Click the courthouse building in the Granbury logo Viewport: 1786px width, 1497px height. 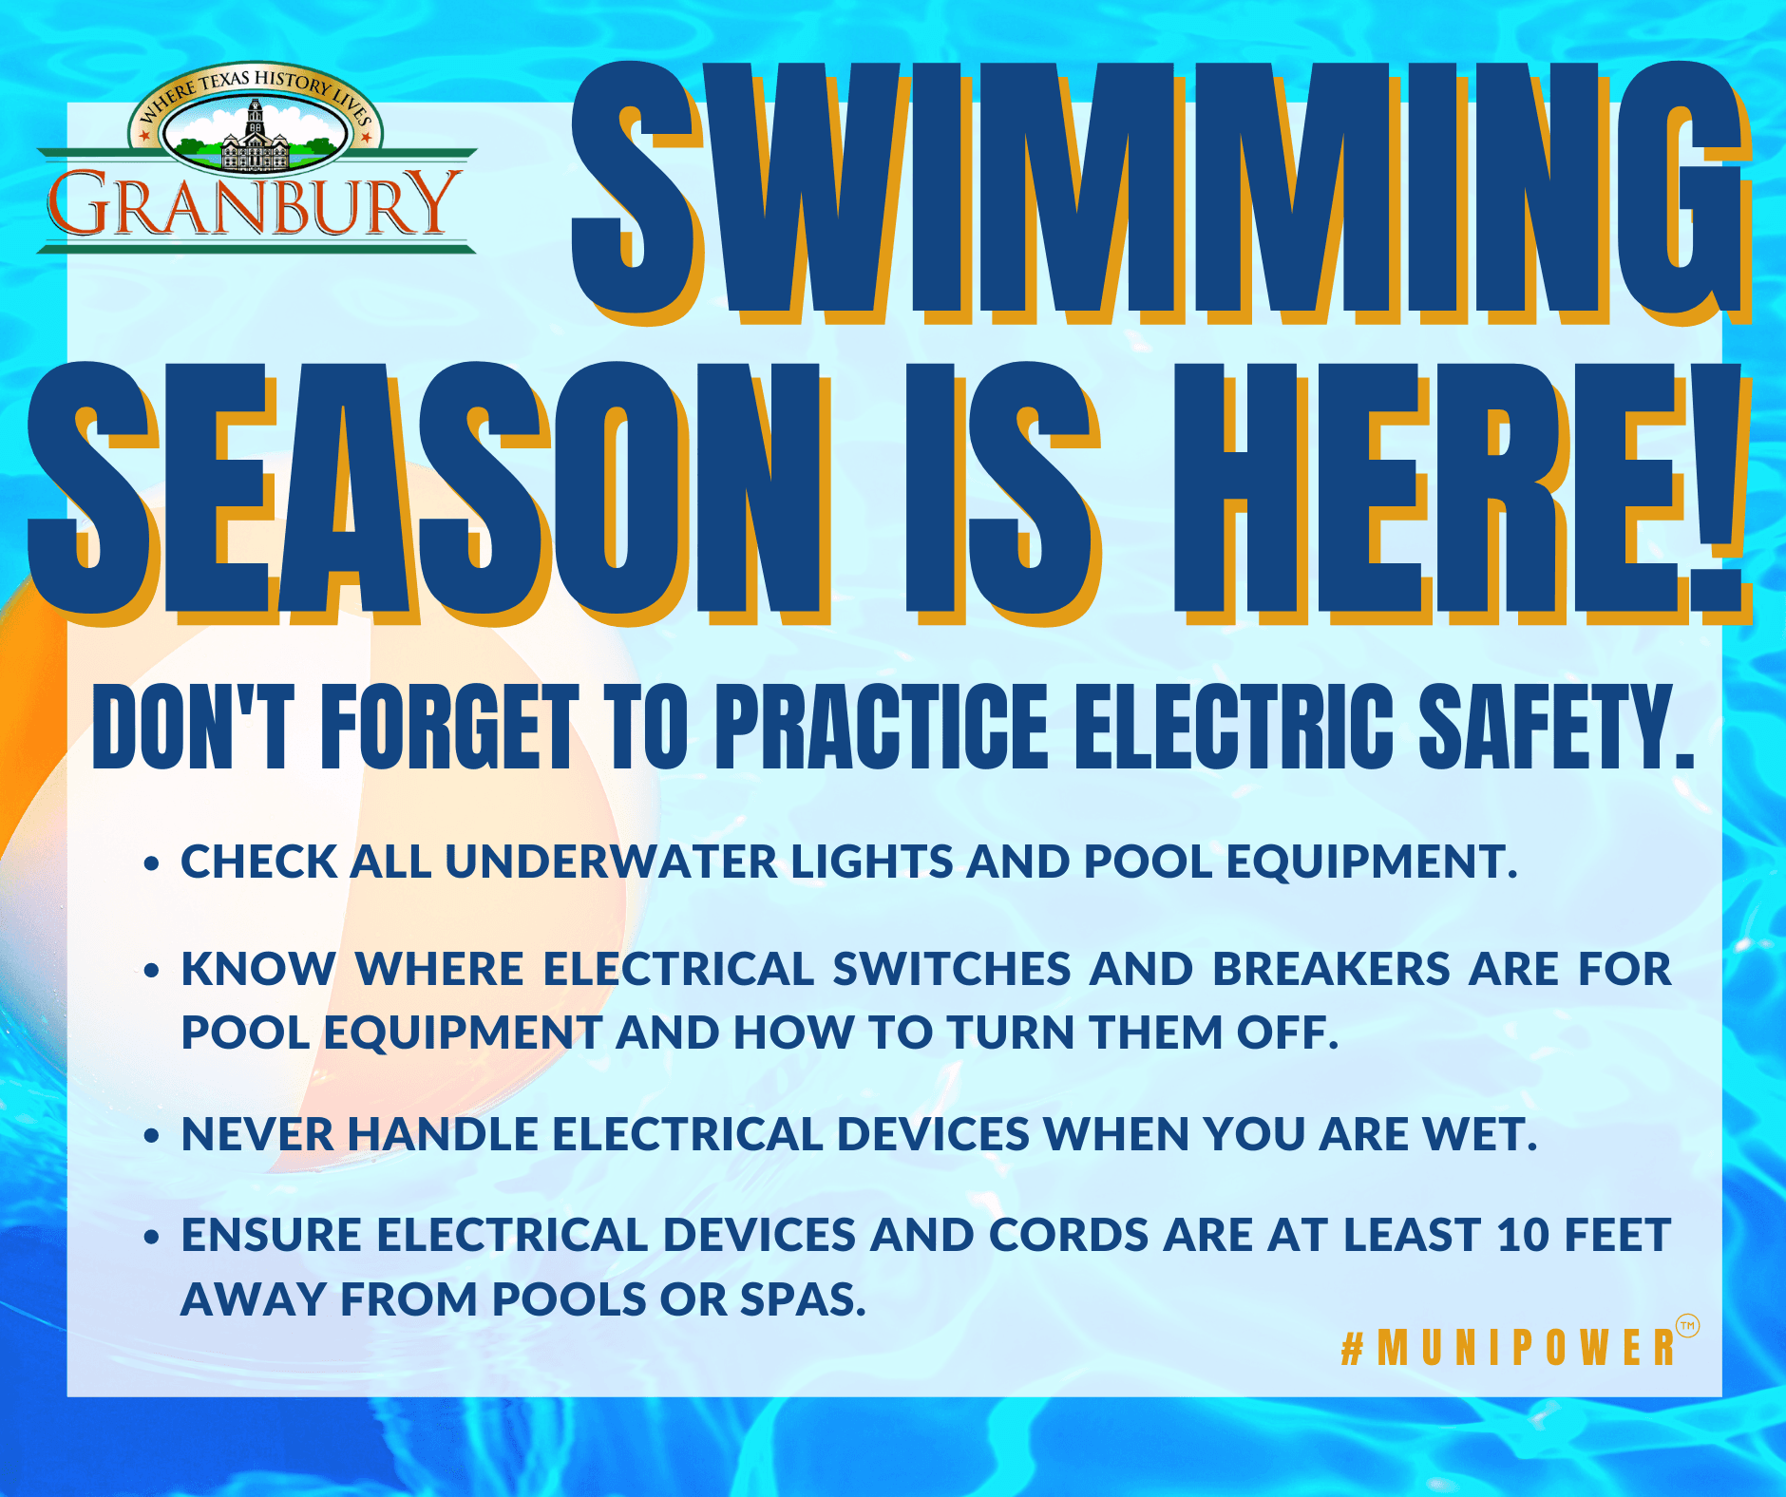(254, 142)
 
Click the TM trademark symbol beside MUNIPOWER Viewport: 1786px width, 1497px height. (1687, 1326)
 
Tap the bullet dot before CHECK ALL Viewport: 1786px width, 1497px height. (150, 864)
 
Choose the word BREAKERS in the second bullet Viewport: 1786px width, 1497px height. (1331, 970)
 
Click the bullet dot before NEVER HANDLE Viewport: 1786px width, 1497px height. (150, 1136)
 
